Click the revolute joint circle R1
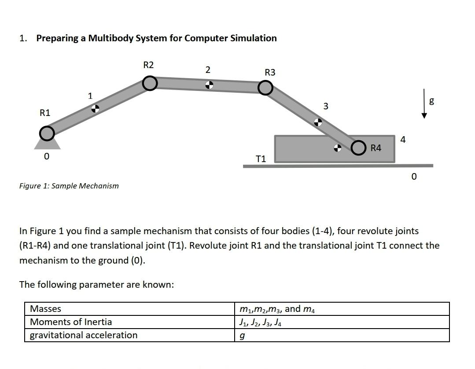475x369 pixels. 47,132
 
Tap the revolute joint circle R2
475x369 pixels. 150,83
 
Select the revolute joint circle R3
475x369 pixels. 265,88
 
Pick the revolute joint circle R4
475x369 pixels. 358,148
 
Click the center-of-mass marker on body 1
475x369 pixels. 95,109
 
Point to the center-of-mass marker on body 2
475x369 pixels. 210,85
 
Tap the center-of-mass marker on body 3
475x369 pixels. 317,122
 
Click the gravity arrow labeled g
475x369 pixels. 424,104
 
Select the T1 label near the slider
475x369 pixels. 261,159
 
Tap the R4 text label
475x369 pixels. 376,148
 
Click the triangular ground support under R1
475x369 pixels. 47,145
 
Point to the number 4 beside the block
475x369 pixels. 403,140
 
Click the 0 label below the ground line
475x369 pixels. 413,177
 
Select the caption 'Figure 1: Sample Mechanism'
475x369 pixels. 69,186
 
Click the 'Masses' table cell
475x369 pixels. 46,309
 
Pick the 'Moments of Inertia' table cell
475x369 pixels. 71,322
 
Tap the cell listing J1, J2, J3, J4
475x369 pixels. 260,322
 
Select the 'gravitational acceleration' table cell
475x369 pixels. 84,335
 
